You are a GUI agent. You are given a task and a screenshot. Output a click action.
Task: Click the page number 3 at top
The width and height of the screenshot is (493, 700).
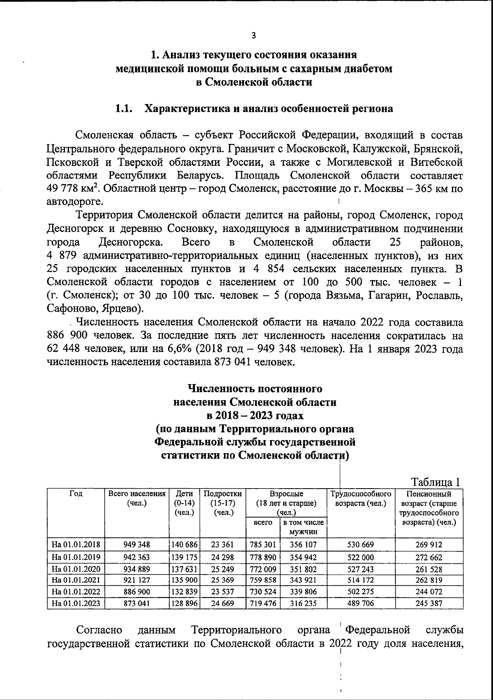(x=253, y=35)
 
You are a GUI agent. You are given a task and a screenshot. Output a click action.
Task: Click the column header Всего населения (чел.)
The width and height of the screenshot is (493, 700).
(x=137, y=498)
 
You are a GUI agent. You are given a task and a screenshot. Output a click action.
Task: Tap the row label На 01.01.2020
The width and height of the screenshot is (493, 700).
(x=76, y=569)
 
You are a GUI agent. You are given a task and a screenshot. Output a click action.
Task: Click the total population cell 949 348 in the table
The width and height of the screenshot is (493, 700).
(x=137, y=545)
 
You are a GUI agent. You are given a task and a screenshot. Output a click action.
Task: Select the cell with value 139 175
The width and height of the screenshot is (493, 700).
(x=184, y=557)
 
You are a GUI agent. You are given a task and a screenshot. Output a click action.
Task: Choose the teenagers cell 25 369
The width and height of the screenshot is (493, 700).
(x=223, y=580)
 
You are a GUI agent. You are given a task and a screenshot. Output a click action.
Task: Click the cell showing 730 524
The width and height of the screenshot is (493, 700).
(x=263, y=592)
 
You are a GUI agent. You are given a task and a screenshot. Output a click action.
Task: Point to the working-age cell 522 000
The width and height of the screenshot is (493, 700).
(x=361, y=557)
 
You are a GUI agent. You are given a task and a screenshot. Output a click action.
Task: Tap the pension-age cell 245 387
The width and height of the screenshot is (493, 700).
(x=429, y=603)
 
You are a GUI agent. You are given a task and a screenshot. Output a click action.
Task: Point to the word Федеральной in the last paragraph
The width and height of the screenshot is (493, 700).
(x=378, y=630)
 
